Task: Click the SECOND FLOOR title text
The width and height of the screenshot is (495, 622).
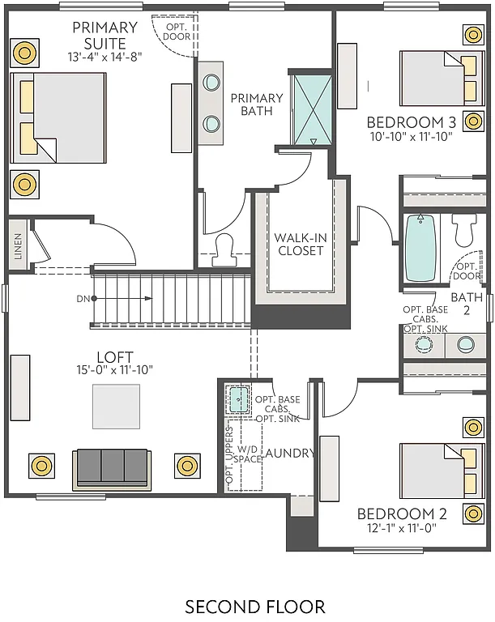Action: point(255,606)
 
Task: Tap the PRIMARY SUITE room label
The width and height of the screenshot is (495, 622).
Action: point(105,36)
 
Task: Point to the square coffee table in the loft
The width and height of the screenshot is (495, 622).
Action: point(116,407)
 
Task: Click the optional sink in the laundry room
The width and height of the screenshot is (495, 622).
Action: point(239,398)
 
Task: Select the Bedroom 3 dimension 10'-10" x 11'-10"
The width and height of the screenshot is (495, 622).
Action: point(412,138)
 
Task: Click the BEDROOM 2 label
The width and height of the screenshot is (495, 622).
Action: point(403,513)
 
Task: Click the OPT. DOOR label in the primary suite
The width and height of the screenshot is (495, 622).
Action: point(176,32)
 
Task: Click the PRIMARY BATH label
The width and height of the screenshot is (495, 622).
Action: point(257,104)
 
